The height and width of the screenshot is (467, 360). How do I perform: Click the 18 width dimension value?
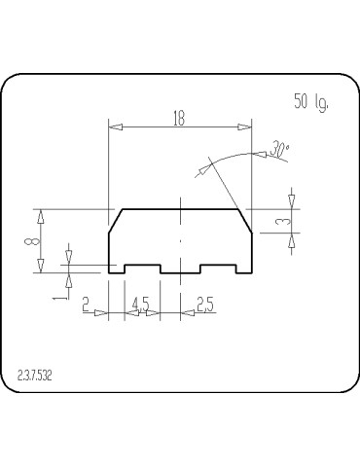click(x=179, y=118)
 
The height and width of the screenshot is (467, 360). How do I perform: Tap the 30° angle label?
click(x=280, y=150)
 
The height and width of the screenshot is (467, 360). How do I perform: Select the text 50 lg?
click(x=310, y=100)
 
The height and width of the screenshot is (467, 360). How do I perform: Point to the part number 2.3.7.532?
click(x=34, y=373)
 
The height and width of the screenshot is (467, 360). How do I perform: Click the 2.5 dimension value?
click(x=204, y=305)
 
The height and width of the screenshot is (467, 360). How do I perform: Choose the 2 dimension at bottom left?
click(x=86, y=305)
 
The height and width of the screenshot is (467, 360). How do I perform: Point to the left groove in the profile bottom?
click(x=142, y=266)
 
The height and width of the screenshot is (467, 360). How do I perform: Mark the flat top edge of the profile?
click(x=180, y=208)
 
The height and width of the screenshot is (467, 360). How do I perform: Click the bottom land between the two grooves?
click(x=180, y=273)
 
